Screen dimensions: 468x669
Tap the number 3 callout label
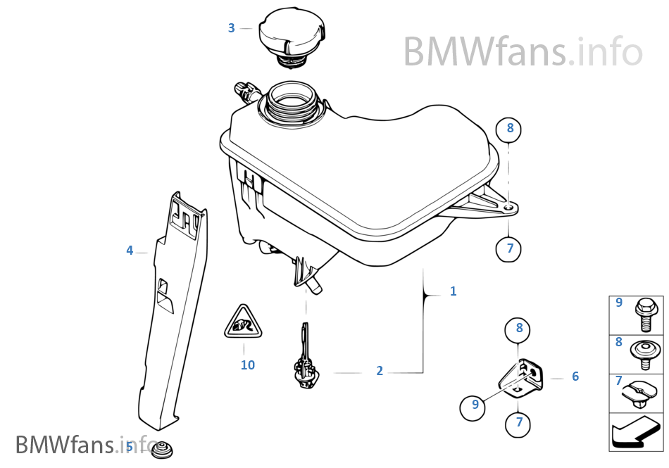click(x=231, y=28)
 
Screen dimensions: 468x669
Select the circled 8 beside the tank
click(x=510, y=129)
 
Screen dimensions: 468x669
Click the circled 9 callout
click(x=475, y=405)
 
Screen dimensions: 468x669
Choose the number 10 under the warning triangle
click(x=247, y=365)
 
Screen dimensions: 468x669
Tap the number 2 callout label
click(x=380, y=371)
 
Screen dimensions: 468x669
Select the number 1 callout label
click(x=453, y=291)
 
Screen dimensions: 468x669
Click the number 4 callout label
click(x=130, y=251)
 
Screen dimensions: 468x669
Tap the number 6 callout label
click(x=575, y=377)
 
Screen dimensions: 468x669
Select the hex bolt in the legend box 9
click(x=644, y=314)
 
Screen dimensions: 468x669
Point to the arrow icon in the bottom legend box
click(x=635, y=431)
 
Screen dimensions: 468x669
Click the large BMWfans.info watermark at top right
click(x=523, y=51)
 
